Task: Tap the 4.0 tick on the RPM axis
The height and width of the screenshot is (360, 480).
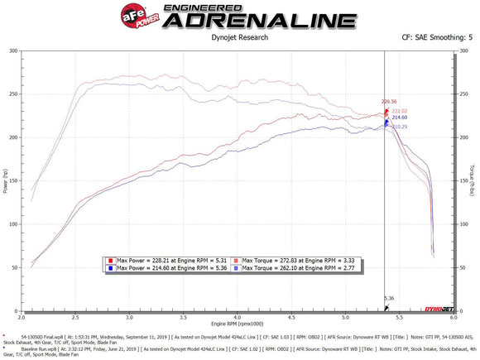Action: tap(238, 316)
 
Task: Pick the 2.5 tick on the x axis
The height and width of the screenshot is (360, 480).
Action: tap(76, 316)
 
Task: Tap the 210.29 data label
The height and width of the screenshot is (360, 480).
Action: tap(399, 127)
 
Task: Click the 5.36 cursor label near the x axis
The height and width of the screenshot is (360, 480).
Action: tap(389, 298)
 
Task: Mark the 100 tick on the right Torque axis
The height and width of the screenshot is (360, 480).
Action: tap(461, 223)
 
